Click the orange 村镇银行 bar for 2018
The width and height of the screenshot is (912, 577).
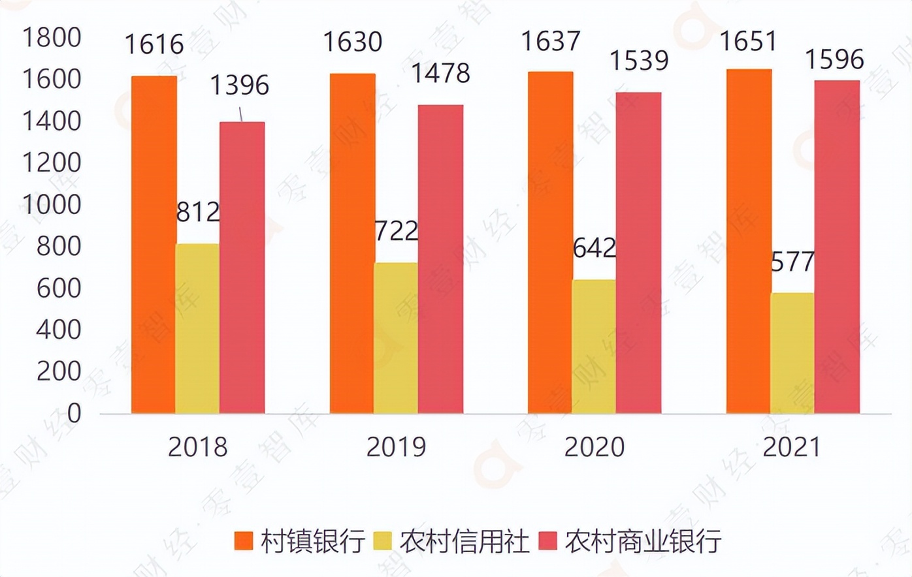point(154,245)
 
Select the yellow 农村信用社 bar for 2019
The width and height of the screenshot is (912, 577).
point(395,338)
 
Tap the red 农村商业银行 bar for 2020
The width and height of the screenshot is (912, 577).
point(638,253)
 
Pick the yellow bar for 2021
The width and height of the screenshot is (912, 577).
point(792,353)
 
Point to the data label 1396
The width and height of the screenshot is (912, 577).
point(240,86)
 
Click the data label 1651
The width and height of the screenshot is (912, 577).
point(748,41)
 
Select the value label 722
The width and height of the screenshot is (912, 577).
point(397,231)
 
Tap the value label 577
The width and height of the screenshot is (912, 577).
point(792,262)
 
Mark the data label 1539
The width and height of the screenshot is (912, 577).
point(639,61)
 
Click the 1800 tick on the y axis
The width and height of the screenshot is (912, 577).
point(52,38)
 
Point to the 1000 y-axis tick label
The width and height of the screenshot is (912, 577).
point(52,205)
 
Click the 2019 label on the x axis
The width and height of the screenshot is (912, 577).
point(396,447)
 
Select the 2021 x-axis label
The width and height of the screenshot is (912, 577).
point(792,447)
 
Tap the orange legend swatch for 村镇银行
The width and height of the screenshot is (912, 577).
point(244,541)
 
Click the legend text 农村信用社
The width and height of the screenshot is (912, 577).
point(464,541)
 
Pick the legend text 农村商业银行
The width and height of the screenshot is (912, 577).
point(643,541)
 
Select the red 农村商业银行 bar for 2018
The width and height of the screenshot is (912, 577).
point(242,268)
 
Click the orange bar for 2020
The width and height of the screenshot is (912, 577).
point(550,242)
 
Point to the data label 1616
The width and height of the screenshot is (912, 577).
point(154,44)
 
